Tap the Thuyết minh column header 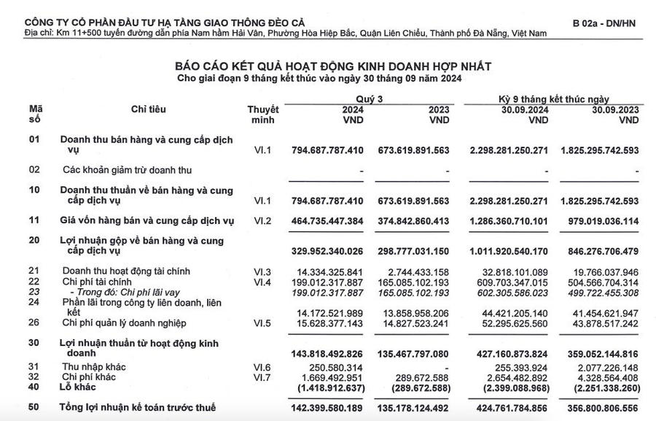point(263,115)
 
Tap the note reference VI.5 point(262,322)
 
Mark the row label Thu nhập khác point(92,367)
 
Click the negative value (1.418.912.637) point(327,387)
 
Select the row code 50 point(34,407)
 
